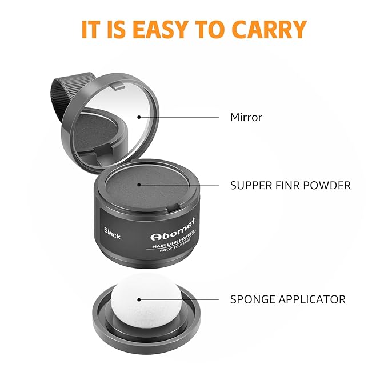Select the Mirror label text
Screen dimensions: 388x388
pos(246,118)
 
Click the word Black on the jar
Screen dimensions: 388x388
pos(113,234)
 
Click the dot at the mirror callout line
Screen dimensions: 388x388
pos(139,118)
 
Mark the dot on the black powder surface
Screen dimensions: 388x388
pos(139,186)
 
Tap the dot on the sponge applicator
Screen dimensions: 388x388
pos(139,299)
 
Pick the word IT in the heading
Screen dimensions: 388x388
pos(92,29)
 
